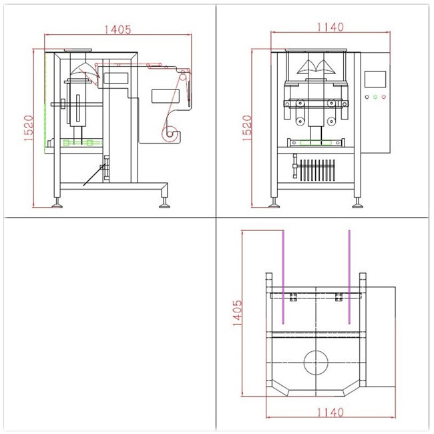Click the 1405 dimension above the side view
click(x=118, y=29)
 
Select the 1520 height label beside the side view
click(x=29, y=128)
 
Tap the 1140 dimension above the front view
click(x=331, y=27)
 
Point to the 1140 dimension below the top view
click(x=331, y=413)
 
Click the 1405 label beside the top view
click(x=237, y=312)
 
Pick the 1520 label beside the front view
click(x=247, y=128)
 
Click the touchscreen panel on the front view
click(x=375, y=79)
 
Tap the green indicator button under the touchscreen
click(x=375, y=97)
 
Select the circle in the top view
click(x=316, y=363)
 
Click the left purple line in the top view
click(x=283, y=277)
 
